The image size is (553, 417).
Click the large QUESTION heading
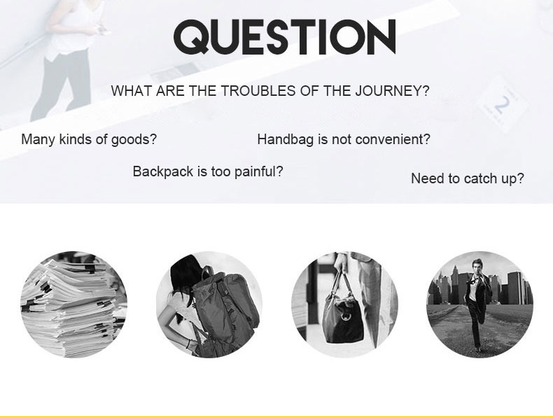pyautogui.click(x=285, y=37)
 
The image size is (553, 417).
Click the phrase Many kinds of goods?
pyautogui.click(x=89, y=139)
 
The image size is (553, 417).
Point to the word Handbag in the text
pyautogui.click(x=286, y=139)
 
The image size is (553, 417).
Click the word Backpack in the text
pyautogui.click(x=163, y=171)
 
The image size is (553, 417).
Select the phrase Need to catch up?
pyautogui.click(x=468, y=178)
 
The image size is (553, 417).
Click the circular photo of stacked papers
pyautogui.click(x=74, y=304)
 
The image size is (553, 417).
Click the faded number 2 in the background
pyautogui.click(x=502, y=104)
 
